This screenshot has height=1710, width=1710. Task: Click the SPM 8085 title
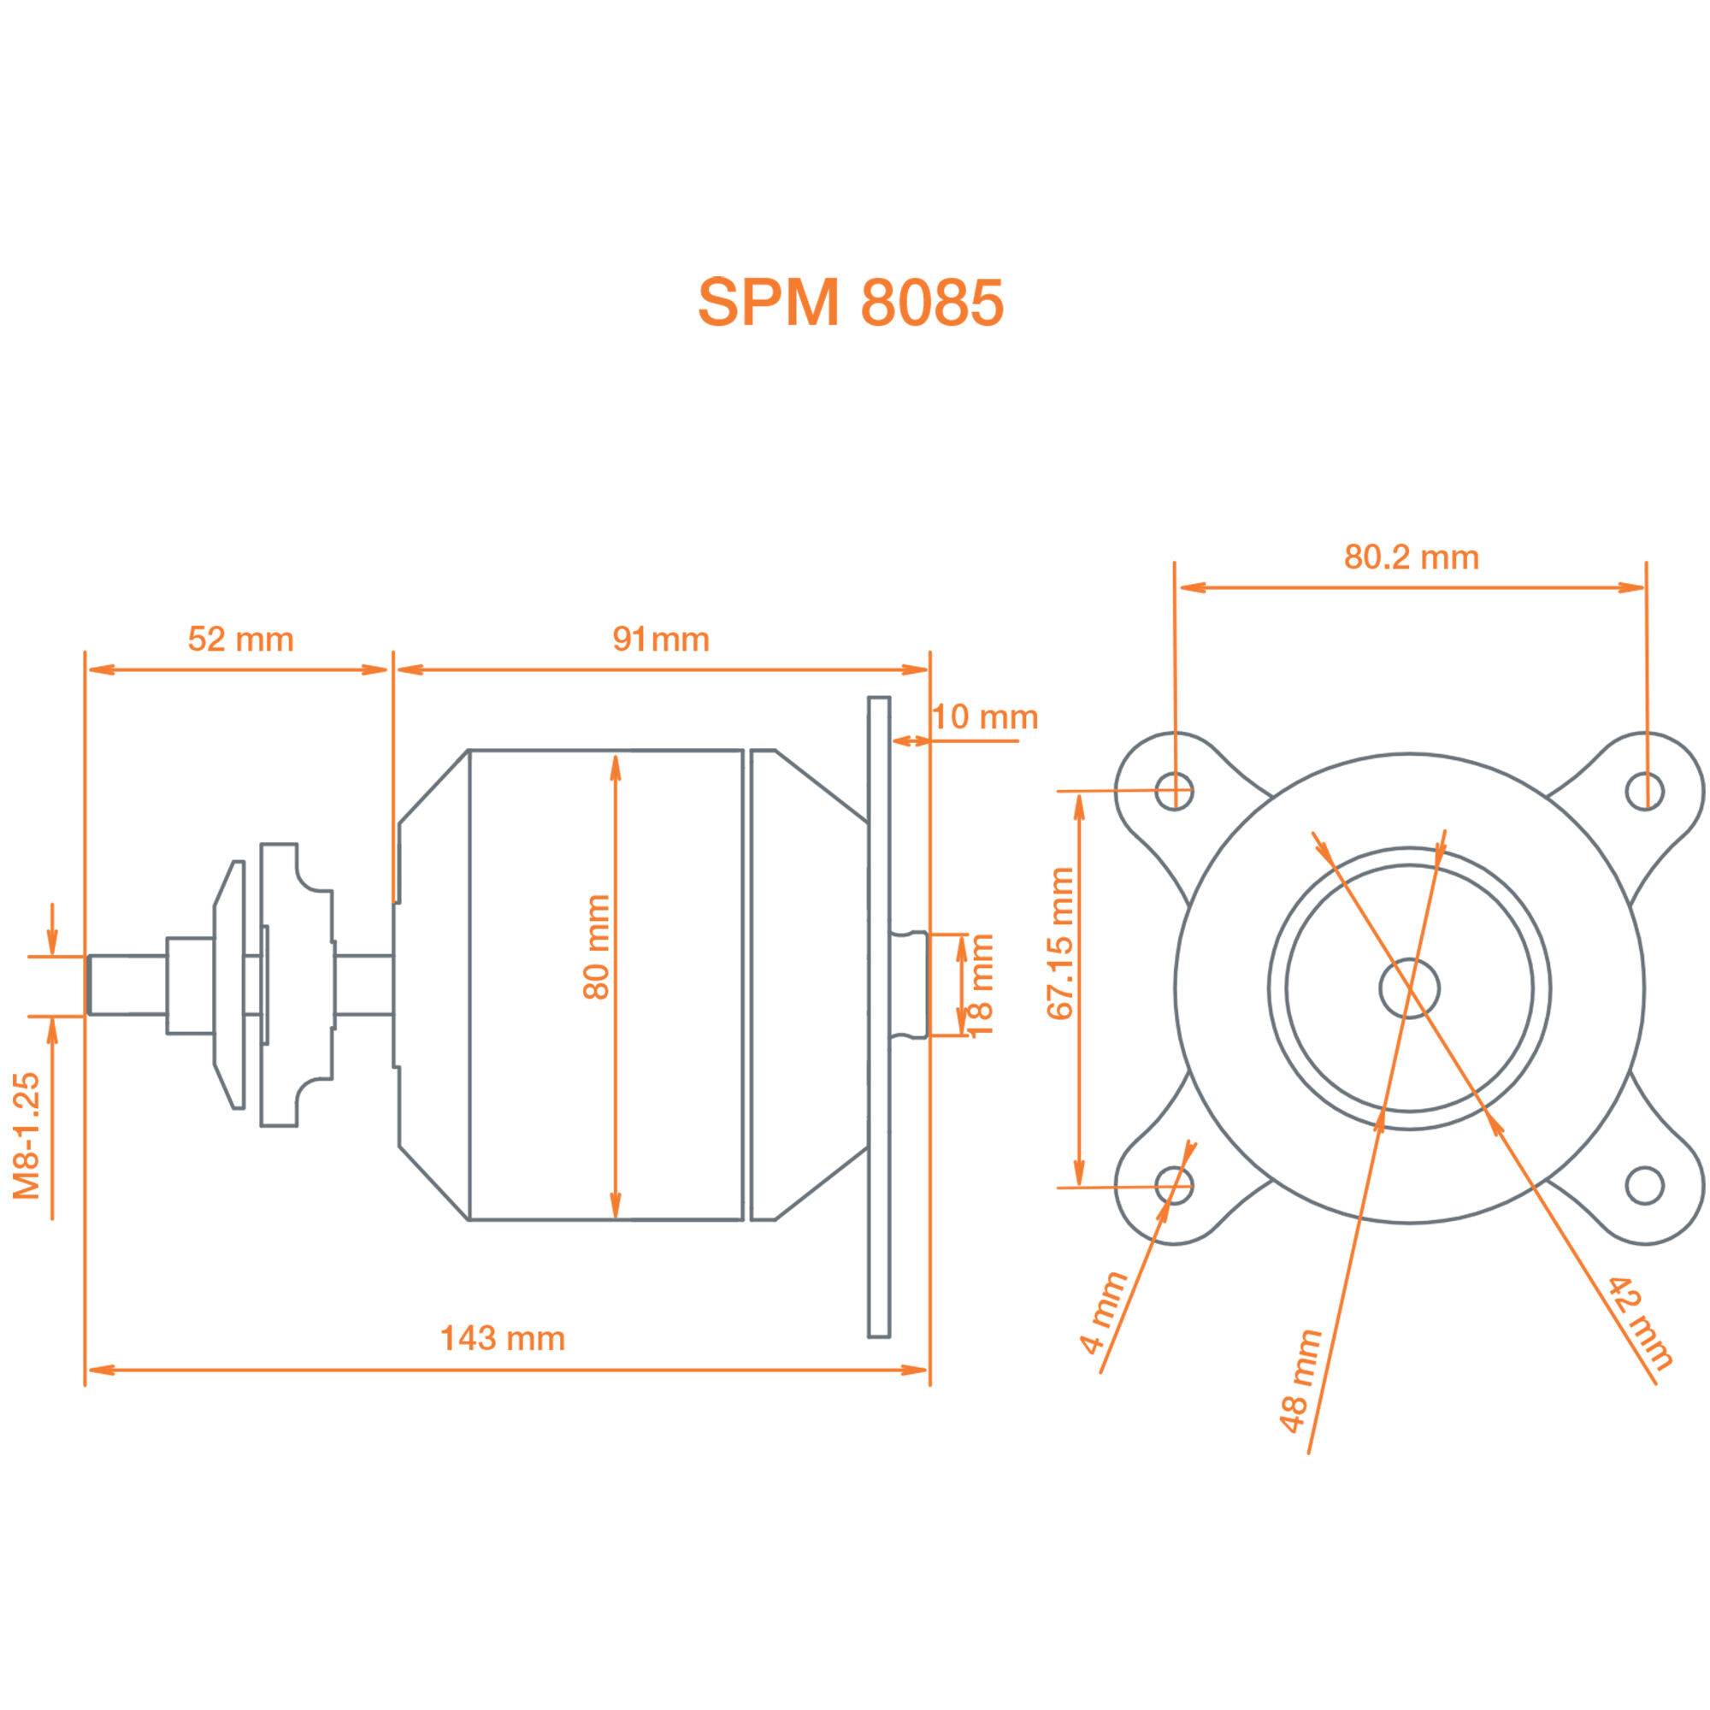(851, 303)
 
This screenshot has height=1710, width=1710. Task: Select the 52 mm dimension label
(240, 639)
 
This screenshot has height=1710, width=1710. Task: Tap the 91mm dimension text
(660, 639)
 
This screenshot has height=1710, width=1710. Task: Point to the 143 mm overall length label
(502, 1338)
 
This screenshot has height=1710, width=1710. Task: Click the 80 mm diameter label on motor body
(597, 947)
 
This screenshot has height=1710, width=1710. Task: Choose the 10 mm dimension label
(984, 717)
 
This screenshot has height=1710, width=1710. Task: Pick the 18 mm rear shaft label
(981, 984)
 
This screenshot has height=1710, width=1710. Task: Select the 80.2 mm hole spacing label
(1411, 557)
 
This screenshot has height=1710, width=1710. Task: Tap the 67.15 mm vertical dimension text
(1059, 944)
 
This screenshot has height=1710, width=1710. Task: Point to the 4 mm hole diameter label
(1103, 1312)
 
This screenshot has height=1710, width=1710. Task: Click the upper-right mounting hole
(1644, 790)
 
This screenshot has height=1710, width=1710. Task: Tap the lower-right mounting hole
(1644, 1186)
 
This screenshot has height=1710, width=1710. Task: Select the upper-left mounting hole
(1174, 790)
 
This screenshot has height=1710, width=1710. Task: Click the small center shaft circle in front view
(1409, 988)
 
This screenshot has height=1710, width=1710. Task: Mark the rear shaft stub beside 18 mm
(909, 984)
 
